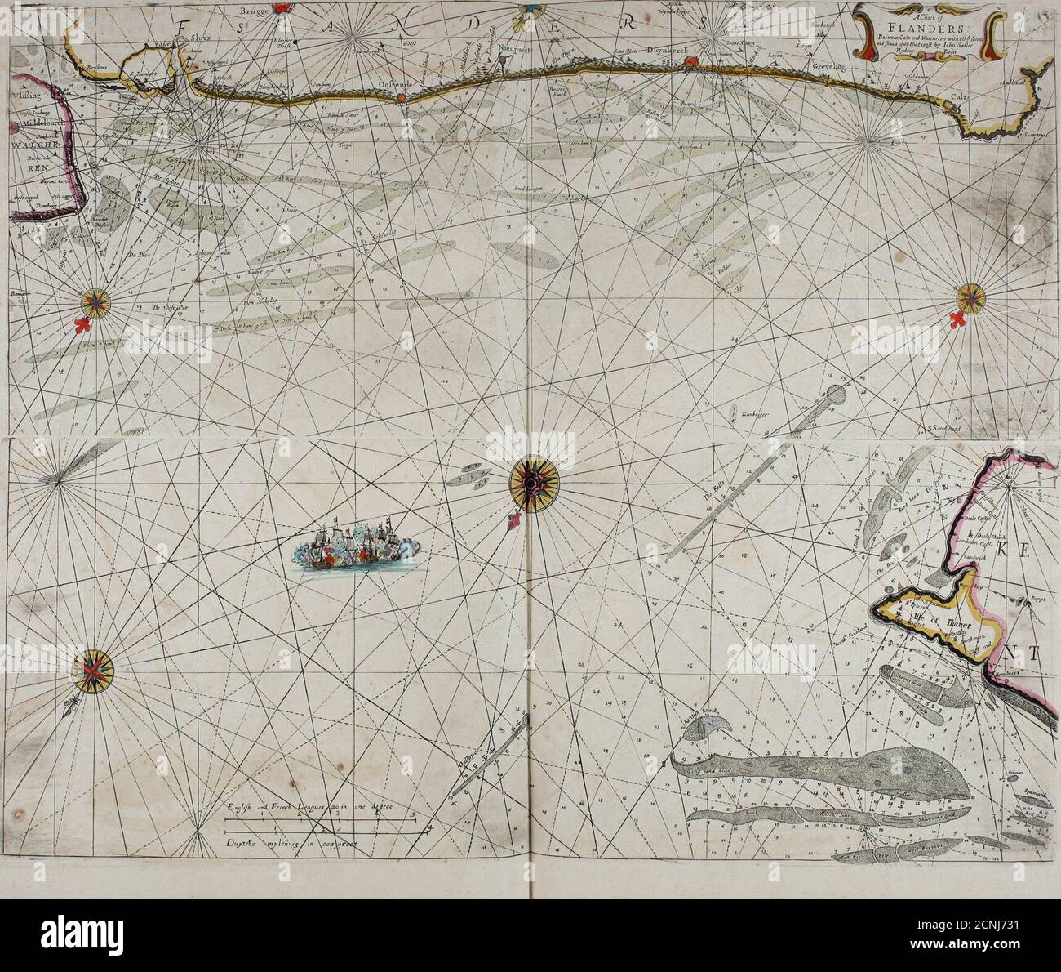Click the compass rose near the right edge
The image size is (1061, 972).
[971, 297]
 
